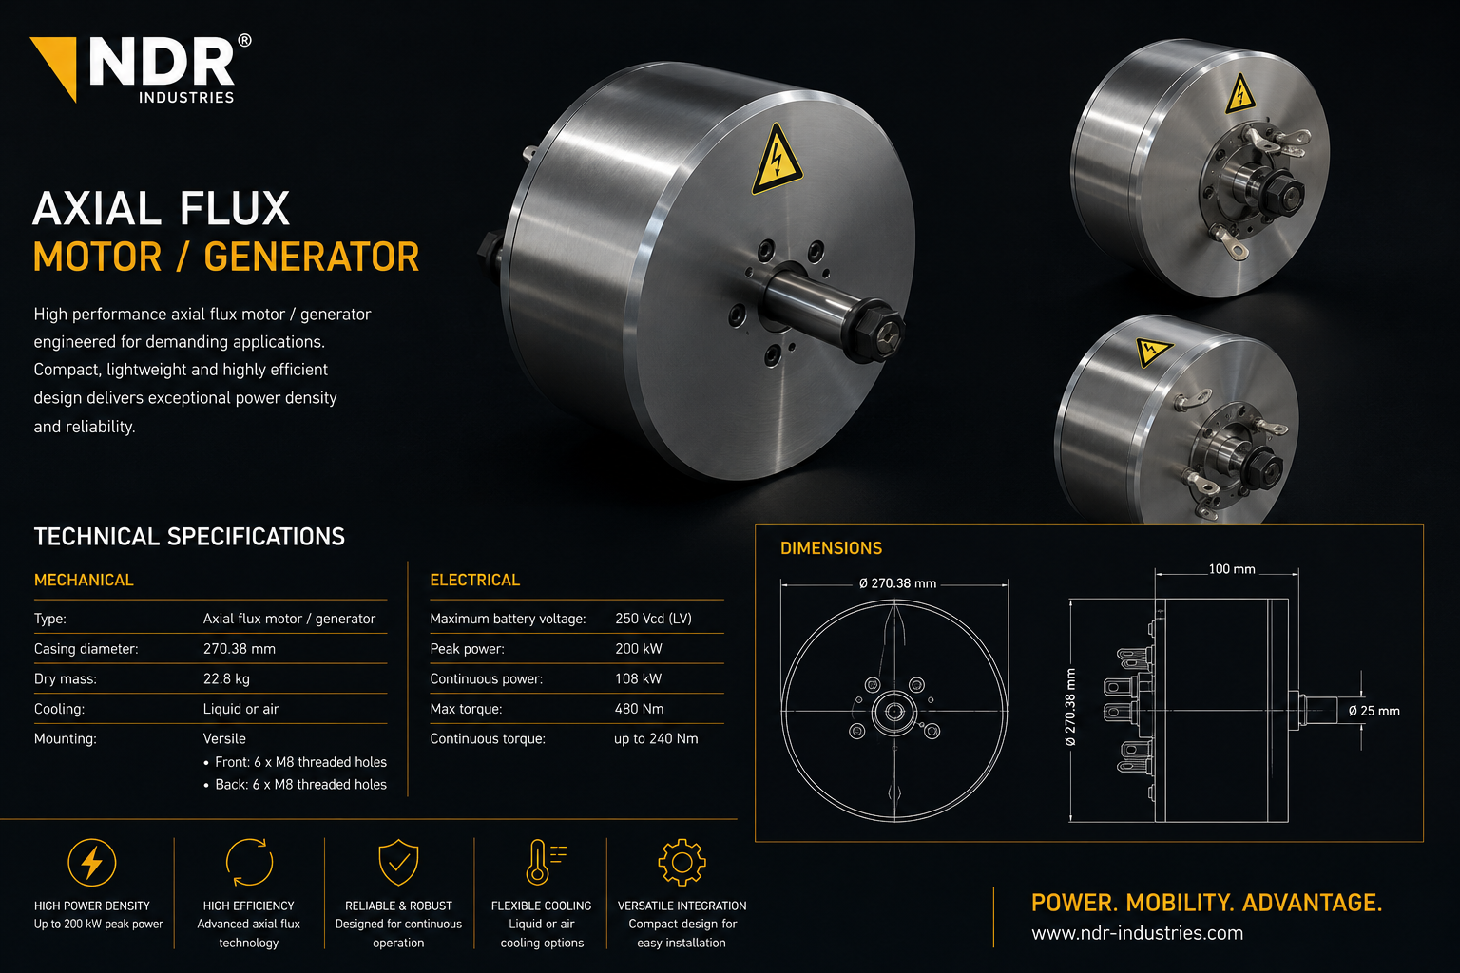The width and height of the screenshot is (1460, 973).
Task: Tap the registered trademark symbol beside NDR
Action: point(244,41)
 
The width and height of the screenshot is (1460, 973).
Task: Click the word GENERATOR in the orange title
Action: point(312,257)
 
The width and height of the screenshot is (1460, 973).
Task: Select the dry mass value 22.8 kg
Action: point(226,679)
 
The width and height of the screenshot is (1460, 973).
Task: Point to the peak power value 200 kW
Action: point(638,649)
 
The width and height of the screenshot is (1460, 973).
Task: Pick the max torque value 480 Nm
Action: point(639,709)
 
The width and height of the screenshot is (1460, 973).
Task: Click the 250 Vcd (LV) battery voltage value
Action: point(653,619)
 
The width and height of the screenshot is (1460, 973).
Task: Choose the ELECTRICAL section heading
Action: point(474,580)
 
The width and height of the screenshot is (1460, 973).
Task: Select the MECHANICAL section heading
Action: point(84,580)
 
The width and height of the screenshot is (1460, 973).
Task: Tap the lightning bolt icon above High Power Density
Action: point(92,863)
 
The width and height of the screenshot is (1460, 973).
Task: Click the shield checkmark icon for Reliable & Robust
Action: point(398,862)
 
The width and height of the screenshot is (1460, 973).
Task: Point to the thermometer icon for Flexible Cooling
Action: point(545,862)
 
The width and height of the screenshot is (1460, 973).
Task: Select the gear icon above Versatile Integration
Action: point(682,862)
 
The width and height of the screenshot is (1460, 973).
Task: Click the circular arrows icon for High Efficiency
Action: point(249,862)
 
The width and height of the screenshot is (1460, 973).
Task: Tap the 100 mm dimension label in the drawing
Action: point(1231,569)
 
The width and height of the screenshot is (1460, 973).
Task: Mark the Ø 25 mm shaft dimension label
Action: point(1374,711)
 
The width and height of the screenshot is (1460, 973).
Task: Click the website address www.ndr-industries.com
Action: point(1137,933)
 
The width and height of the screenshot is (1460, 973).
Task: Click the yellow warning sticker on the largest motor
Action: point(777,160)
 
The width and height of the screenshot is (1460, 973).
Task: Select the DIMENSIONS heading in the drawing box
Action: point(831,548)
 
